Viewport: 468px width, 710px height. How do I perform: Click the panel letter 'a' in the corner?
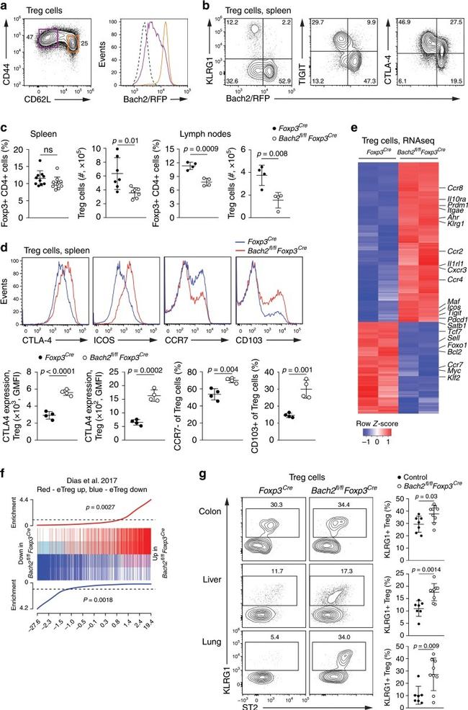pos(5,6)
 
